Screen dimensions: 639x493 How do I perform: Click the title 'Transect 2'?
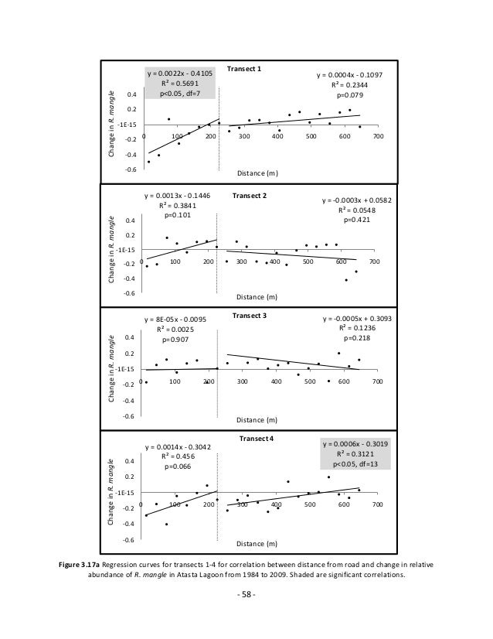(x=249, y=196)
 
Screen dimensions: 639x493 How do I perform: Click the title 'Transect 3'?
(x=249, y=316)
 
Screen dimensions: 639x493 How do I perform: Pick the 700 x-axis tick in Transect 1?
(x=378, y=136)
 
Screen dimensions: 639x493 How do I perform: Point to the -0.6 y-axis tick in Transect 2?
(x=129, y=294)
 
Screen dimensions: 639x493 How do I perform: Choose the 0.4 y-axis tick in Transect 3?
(x=129, y=338)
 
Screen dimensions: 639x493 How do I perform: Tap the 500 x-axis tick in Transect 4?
(x=309, y=504)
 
